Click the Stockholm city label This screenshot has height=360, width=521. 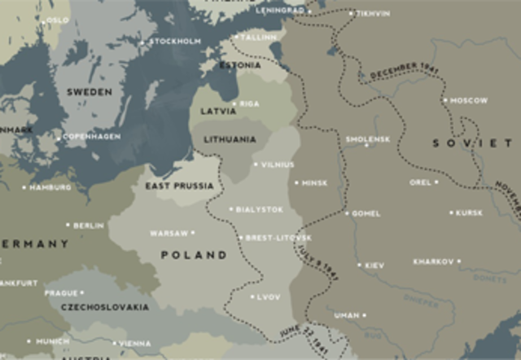click(x=175, y=41)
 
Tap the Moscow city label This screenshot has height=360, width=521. click(x=469, y=100)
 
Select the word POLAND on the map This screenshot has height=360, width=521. click(x=194, y=255)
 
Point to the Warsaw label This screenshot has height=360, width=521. click(x=169, y=233)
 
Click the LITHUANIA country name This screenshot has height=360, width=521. click(x=229, y=139)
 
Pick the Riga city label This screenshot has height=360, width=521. click(x=250, y=104)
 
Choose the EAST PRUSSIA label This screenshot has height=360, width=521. click(x=179, y=186)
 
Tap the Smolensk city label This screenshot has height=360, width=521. click(x=368, y=139)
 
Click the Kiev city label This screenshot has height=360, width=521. click(x=374, y=266)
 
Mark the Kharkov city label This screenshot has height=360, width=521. click(x=433, y=261)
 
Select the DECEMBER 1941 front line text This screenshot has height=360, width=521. click(x=404, y=70)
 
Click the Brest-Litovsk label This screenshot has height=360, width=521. click(x=278, y=238)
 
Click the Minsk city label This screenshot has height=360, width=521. click(x=314, y=183)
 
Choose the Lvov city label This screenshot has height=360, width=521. click(x=268, y=297)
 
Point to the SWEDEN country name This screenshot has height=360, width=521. click(x=90, y=92)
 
